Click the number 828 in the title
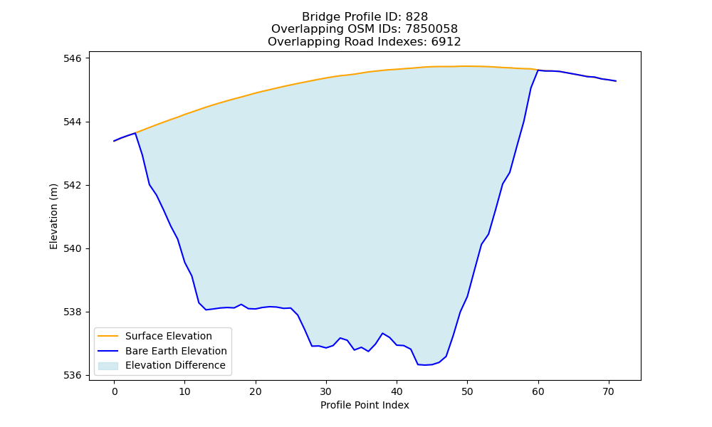pyautogui.click(x=417, y=17)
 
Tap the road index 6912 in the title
pyautogui.click(x=446, y=42)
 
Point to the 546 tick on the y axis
pyautogui.click(x=72, y=58)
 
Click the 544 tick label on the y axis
pyautogui.click(x=72, y=122)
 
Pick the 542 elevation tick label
pyautogui.click(x=72, y=186)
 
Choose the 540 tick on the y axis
pyautogui.click(x=72, y=248)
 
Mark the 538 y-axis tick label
pyautogui.click(x=72, y=312)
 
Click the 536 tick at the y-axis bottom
pyautogui.click(x=72, y=376)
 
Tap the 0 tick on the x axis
pyautogui.click(x=115, y=391)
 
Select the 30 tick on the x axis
pyautogui.click(x=326, y=391)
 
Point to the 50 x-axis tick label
pyautogui.click(x=467, y=391)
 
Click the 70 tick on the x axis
pyautogui.click(x=609, y=391)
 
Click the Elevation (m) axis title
pyautogui.click(x=53, y=216)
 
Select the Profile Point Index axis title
pyautogui.click(x=365, y=405)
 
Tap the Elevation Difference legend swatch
pyautogui.click(x=108, y=366)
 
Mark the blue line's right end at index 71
pyautogui.click(x=616, y=80)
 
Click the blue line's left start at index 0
pyautogui.click(x=114, y=141)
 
